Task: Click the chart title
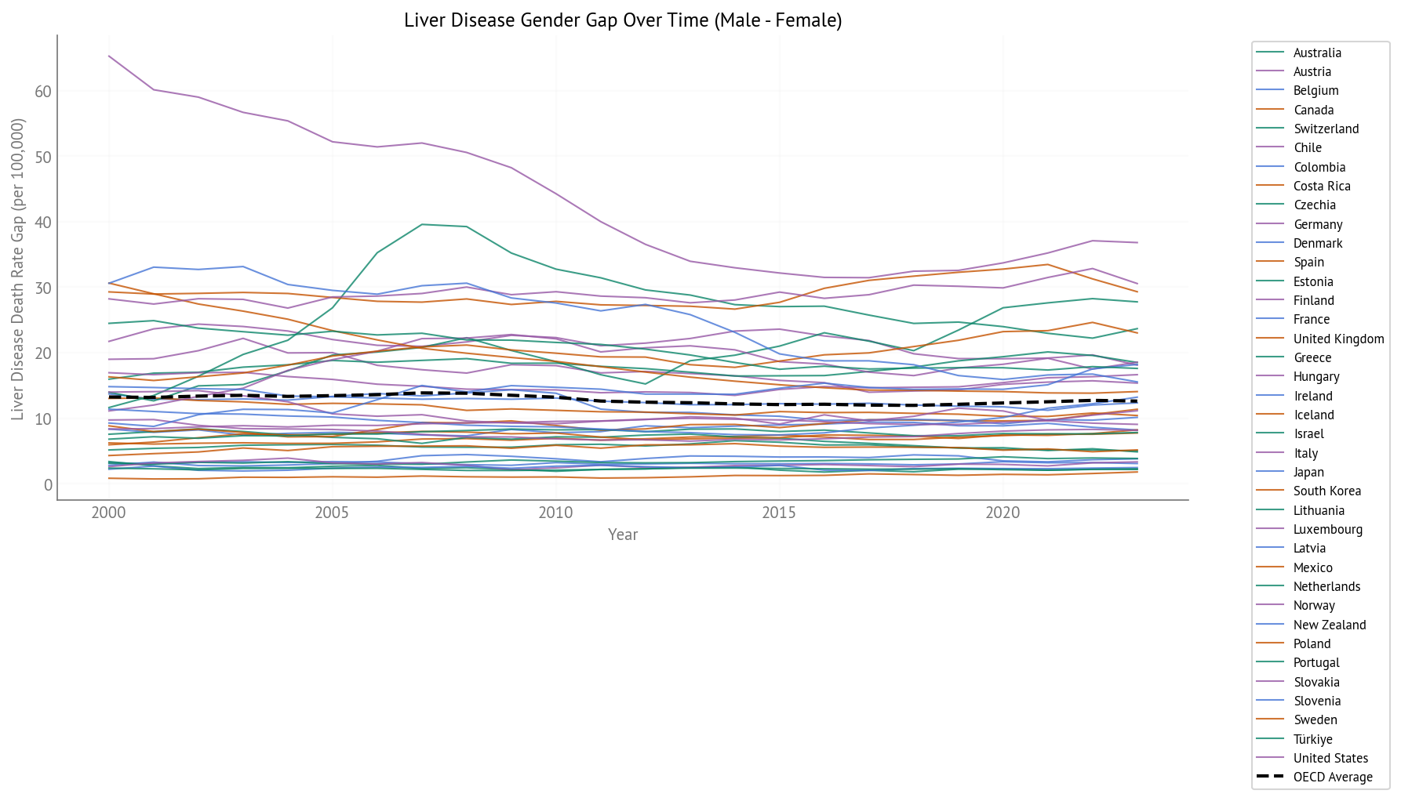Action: (x=623, y=20)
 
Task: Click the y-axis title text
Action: (x=18, y=269)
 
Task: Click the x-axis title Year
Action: (x=623, y=535)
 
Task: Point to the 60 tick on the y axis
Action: (x=43, y=92)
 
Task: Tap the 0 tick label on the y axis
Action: (x=48, y=485)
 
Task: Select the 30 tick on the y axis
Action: (x=43, y=288)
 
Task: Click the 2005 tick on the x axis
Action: (x=332, y=513)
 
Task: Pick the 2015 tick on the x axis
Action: (x=779, y=513)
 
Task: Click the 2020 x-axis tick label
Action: (x=1003, y=513)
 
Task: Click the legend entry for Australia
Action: (x=1317, y=53)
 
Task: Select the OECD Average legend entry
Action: (x=1333, y=777)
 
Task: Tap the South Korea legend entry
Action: (x=1326, y=491)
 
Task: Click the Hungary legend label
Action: (x=1316, y=376)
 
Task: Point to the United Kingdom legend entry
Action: (x=1338, y=339)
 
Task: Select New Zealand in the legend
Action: (x=1330, y=625)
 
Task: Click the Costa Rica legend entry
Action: (x=1322, y=186)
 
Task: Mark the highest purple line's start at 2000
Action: (x=108, y=56)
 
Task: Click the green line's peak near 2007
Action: (x=422, y=224)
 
